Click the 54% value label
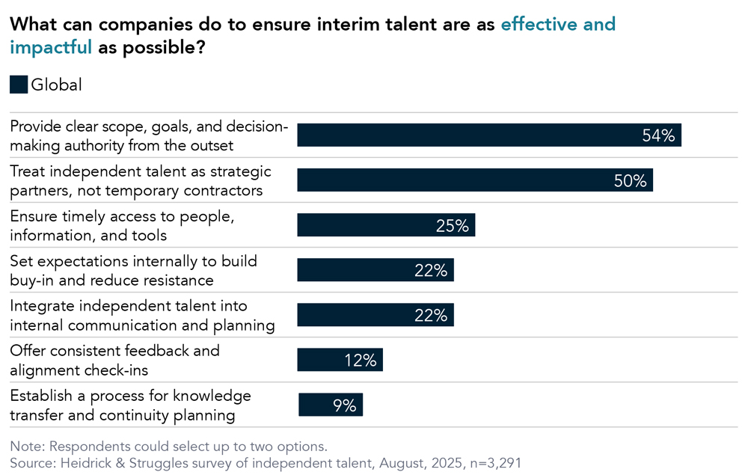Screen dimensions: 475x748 pos(658,135)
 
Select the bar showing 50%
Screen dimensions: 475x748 pos(475,180)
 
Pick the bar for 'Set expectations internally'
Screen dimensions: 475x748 pos(375,270)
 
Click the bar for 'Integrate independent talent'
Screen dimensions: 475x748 pos(375,315)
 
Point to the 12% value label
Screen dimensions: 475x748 pos(360,360)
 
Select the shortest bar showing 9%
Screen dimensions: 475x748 pos(330,405)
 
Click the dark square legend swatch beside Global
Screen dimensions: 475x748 pos(18,85)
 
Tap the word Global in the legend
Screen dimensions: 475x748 pos(56,85)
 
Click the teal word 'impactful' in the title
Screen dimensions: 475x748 pos(51,47)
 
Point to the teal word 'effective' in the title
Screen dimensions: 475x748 pos(538,24)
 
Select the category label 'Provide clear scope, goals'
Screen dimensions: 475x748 pos(148,135)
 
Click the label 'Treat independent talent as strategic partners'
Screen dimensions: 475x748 pos(141,180)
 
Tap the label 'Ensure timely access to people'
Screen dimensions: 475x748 pos(122,225)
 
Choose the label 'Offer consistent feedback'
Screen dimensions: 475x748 pos(114,360)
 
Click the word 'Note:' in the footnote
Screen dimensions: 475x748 pos(27,447)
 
